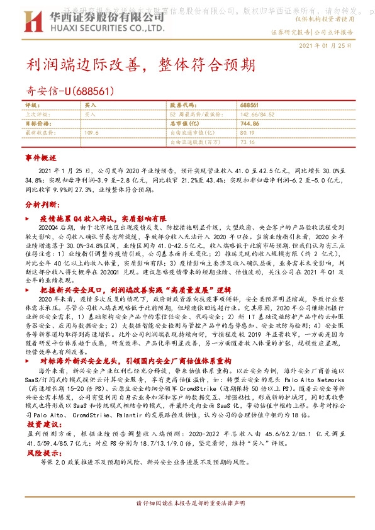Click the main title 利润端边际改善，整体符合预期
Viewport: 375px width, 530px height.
[x=141, y=65]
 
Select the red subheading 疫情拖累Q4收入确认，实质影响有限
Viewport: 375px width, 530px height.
[x=103, y=217]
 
